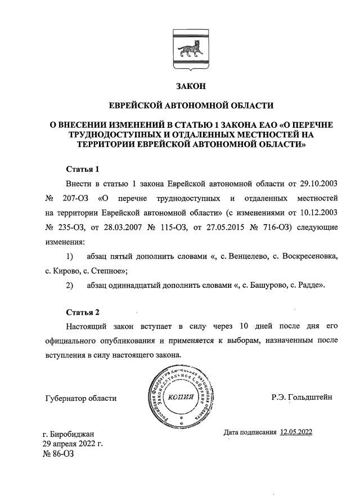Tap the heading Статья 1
pos(83,169)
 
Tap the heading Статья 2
pos(83,312)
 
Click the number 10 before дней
pos(244,327)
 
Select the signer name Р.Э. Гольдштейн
pos(301,398)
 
